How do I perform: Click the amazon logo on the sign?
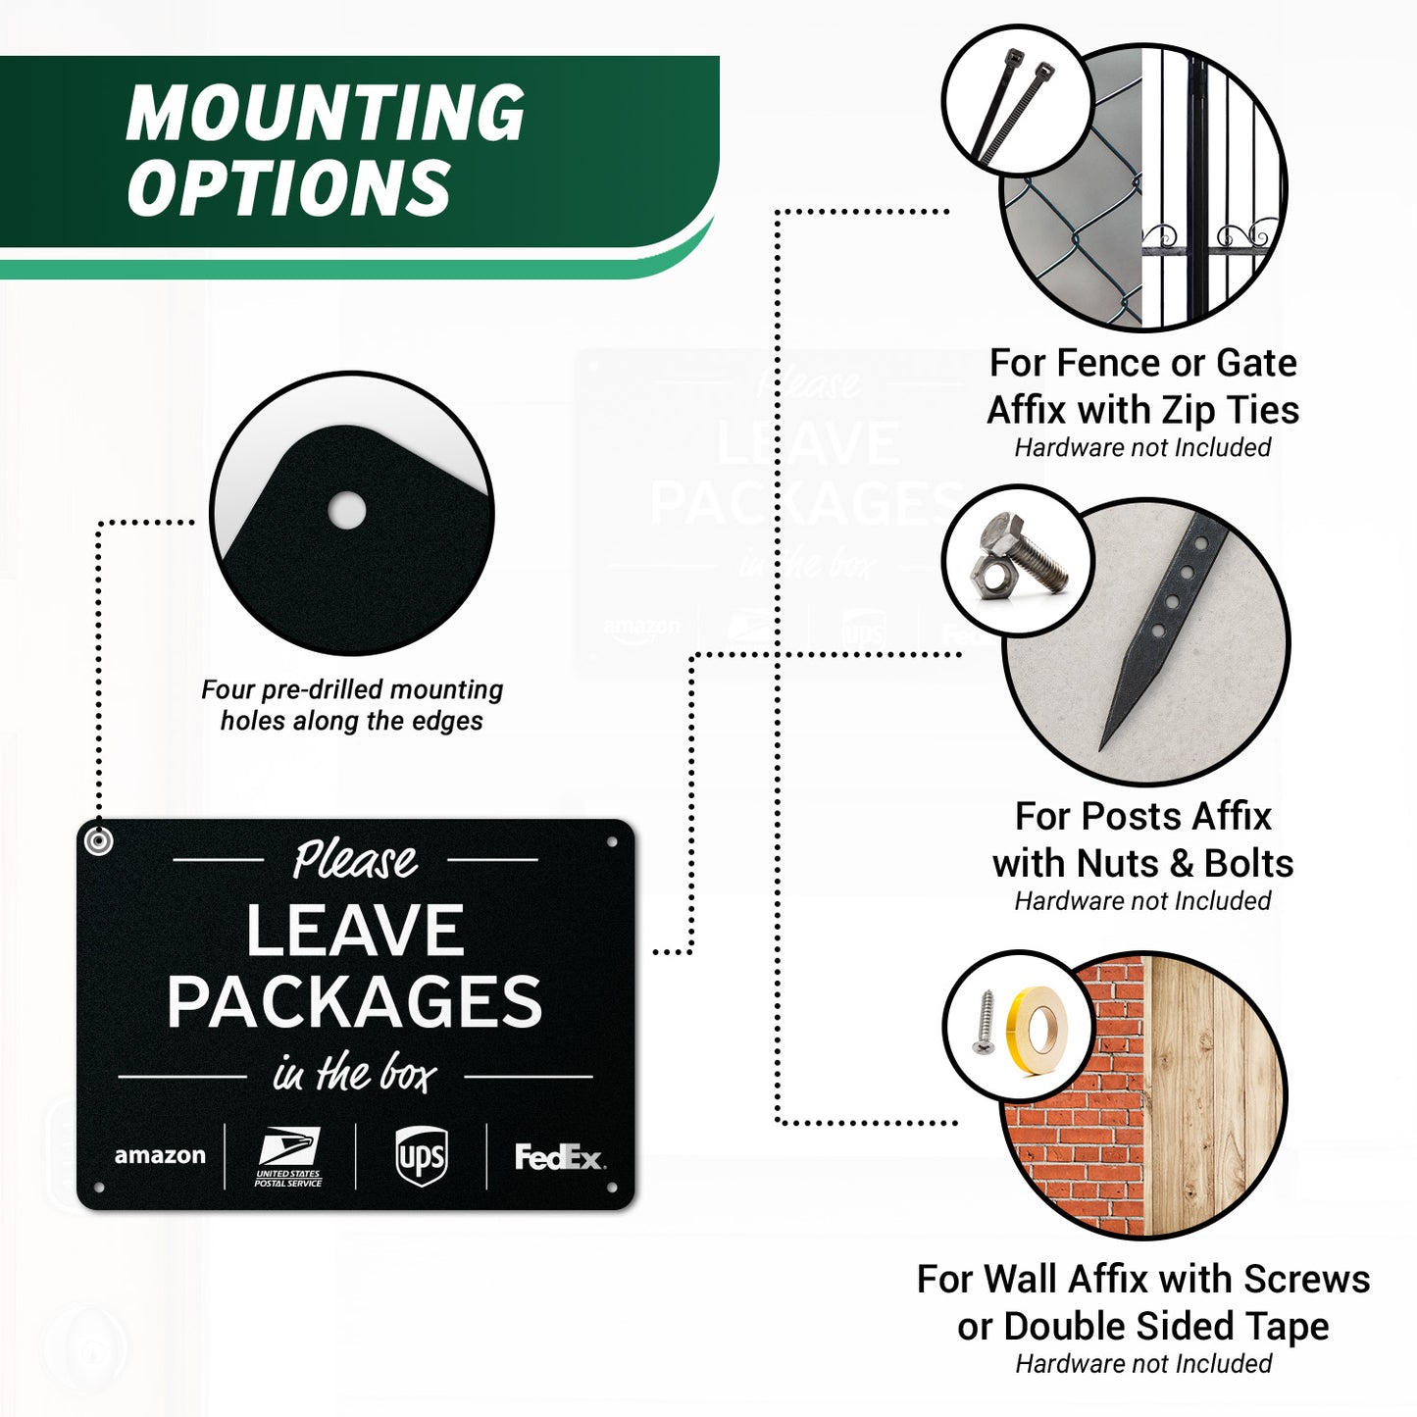point(160,1155)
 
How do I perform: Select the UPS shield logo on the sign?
point(421,1157)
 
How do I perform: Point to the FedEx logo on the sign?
point(559,1157)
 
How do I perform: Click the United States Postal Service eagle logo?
point(288,1157)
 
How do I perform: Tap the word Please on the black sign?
point(355,859)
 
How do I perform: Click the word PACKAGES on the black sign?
point(355,1001)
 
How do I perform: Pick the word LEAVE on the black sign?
point(355,930)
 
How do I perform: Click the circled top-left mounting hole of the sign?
point(98,840)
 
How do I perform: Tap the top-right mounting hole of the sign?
point(612,842)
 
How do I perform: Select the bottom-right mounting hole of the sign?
point(612,1188)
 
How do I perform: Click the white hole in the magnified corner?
point(346,510)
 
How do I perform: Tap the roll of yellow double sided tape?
point(1038,1031)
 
